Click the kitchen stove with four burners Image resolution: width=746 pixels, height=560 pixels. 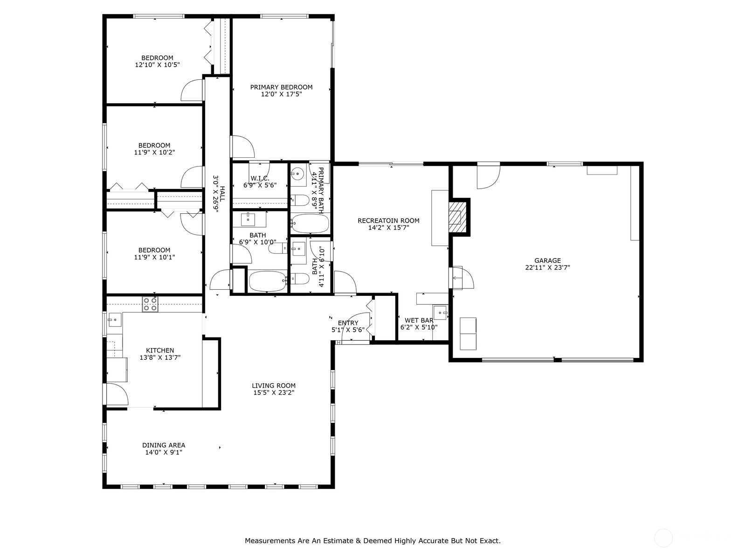150,304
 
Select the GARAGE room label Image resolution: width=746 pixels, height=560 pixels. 547,260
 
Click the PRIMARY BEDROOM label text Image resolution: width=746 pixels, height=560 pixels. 282,87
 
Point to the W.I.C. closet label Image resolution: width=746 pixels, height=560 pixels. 260,178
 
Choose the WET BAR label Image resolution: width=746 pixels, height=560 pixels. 419,320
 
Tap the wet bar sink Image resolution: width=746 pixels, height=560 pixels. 440,313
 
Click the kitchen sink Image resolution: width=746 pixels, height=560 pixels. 115,320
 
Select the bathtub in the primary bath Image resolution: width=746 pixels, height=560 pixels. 310,224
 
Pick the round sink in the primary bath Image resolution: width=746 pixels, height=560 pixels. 298,174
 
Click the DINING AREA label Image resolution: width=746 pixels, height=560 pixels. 164,445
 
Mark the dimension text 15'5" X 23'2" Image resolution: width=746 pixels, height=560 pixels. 274,393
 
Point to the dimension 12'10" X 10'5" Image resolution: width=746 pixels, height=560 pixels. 157,64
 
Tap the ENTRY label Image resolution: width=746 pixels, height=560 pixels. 348,322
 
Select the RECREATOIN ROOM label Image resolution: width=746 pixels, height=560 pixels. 388,221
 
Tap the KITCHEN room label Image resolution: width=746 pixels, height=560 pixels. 160,350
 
